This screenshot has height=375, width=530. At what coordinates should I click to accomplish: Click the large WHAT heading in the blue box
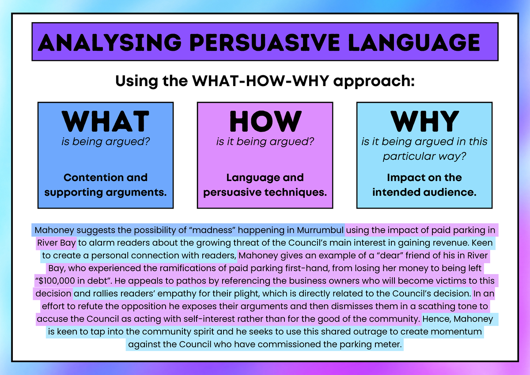(x=106, y=121)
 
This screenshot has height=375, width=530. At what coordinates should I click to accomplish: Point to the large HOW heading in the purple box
(x=265, y=121)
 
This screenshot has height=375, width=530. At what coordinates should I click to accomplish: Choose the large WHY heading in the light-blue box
(x=424, y=121)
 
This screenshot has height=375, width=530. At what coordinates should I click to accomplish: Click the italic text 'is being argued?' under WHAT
(x=106, y=141)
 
